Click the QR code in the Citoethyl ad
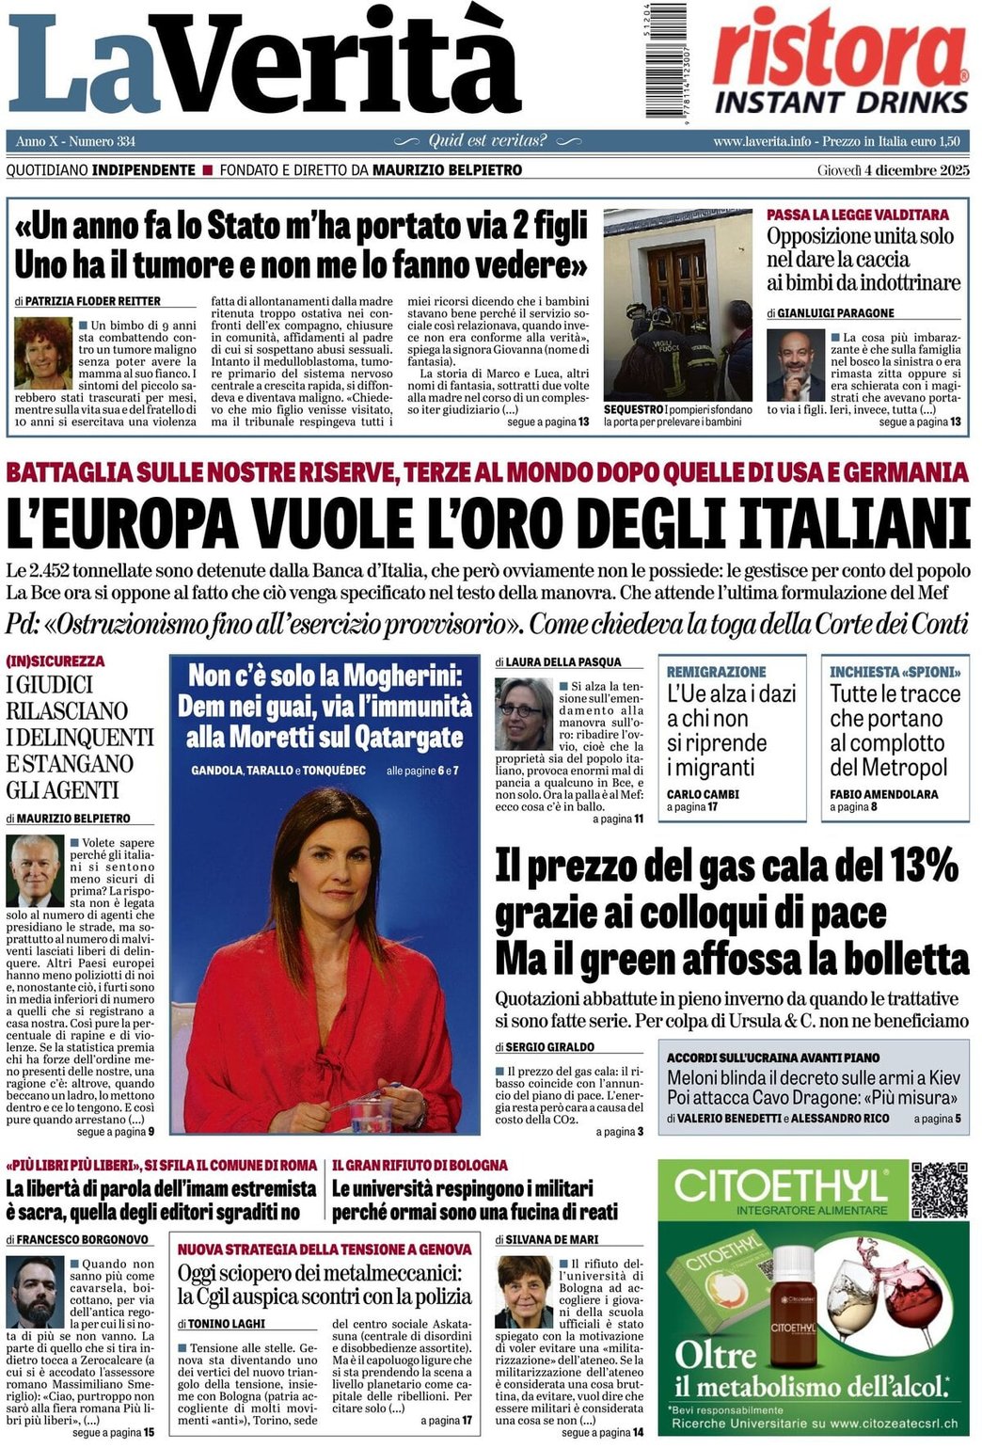(x=939, y=1189)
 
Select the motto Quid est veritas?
(x=487, y=141)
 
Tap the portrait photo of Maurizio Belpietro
(x=36, y=869)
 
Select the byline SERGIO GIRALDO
(x=549, y=1046)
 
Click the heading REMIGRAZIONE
(x=716, y=672)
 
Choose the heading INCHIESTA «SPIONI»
(x=895, y=672)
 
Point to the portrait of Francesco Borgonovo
(x=35, y=1291)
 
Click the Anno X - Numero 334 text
(x=75, y=141)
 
